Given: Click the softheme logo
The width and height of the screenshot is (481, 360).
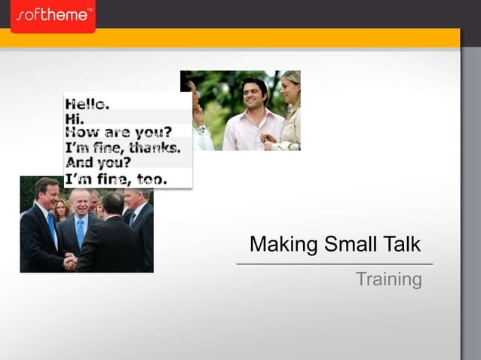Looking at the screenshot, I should (53, 14).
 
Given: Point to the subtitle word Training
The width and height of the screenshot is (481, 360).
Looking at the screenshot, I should (388, 279).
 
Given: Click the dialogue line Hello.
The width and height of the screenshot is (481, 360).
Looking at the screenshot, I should (87, 104).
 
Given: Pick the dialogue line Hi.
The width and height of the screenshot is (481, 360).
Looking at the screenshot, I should (75, 119).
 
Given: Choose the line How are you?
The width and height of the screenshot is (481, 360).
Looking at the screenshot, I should (118, 133).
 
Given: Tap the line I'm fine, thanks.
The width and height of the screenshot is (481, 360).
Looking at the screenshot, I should (123, 148).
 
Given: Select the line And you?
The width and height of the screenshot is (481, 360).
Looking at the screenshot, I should (98, 162).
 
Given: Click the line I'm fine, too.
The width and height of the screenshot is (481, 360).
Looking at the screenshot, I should (116, 178).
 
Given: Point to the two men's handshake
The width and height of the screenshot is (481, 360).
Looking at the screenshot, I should (70, 261).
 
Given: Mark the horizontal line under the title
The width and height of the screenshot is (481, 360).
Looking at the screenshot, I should (335, 264).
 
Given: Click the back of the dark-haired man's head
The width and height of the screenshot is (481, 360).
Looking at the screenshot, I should (113, 203).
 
